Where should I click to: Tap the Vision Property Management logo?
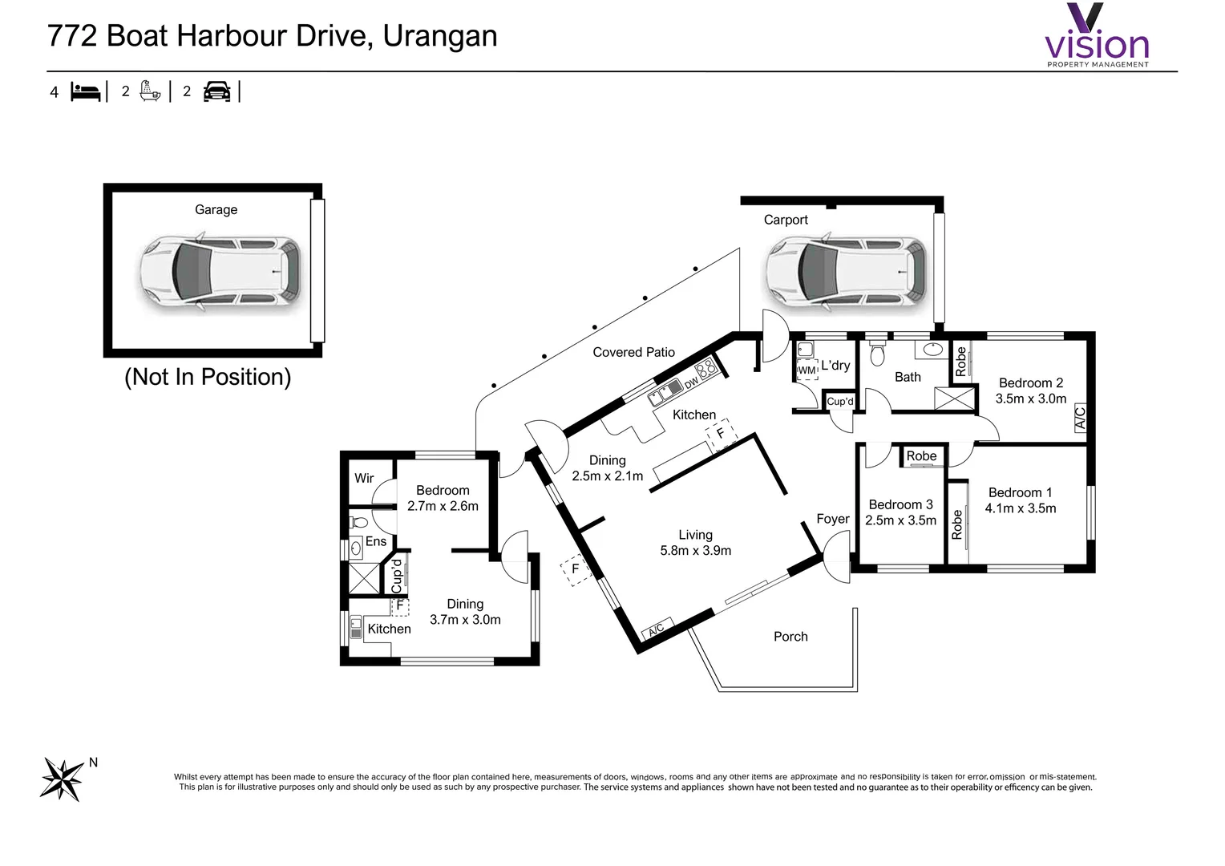[x=1097, y=37]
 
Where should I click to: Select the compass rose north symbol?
[x=63, y=778]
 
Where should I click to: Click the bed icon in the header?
[x=86, y=91]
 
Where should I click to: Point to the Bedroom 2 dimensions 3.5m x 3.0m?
[x=1031, y=399]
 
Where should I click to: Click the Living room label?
[x=695, y=535]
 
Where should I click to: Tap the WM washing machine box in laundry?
[x=807, y=370]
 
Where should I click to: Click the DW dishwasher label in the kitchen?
[x=691, y=384]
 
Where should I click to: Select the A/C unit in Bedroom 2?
[x=1079, y=418]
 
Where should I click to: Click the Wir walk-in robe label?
[x=364, y=478]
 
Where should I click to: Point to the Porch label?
[x=790, y=637]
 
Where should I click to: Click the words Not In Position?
[x=208, y=377]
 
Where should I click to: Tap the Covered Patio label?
[x=633, y=352]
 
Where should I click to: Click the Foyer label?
[x=833, y=519]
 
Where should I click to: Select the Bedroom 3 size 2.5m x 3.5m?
[x=900, y=520]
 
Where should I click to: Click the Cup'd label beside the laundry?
[x=839, y=402]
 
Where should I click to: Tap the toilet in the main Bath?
[x=877, y=354]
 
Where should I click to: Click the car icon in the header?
[x=216, y=91]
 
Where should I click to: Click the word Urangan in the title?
[x=440, y=36]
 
